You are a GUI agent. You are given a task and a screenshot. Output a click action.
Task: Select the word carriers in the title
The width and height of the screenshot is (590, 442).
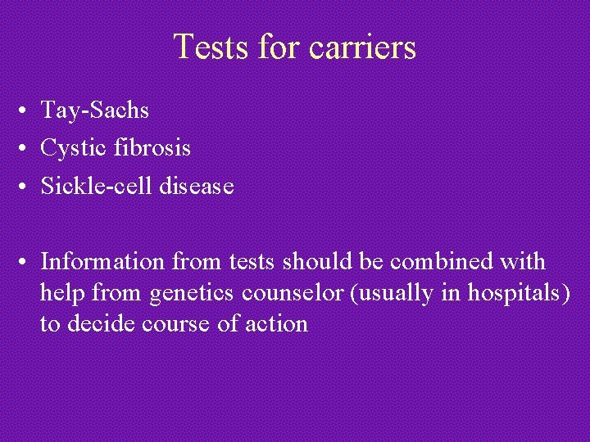coord(363,47)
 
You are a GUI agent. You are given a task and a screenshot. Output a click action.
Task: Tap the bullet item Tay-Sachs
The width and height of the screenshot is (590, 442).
coord(95,110)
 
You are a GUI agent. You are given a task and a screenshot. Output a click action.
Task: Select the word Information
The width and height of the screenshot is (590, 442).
coord(104,262)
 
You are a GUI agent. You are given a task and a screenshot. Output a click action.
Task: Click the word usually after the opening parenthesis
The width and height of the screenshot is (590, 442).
coord(397,293)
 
